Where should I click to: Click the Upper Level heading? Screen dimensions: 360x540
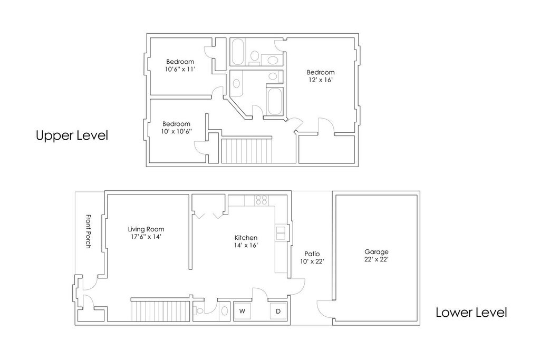72,135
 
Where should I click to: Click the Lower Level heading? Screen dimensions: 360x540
471,313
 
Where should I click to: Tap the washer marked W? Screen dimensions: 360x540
243,311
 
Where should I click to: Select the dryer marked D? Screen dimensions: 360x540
278,311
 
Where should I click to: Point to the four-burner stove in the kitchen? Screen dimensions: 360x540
261,200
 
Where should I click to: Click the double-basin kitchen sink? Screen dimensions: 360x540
281,232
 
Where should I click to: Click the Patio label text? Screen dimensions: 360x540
306,254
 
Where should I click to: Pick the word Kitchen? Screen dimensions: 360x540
246,238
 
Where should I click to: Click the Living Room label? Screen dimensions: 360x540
146,229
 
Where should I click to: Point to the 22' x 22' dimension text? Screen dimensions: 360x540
377,259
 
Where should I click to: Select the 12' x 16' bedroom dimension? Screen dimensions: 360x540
321,80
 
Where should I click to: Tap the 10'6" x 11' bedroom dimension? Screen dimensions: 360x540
180,69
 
